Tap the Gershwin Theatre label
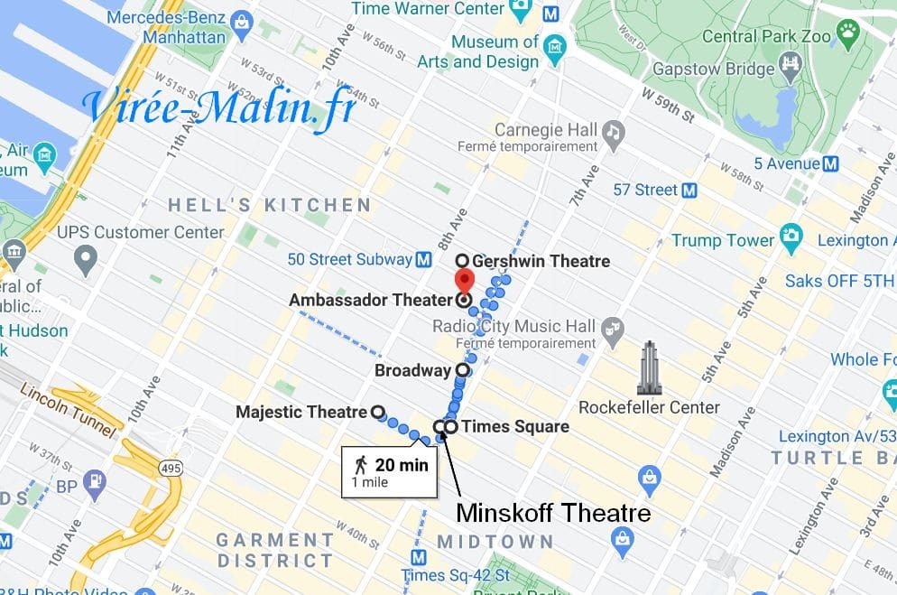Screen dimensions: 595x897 point(541,262)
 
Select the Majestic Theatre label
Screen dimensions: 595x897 point(301,412)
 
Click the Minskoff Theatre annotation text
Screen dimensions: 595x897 point(553,514)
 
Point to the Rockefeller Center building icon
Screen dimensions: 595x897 point(648,367)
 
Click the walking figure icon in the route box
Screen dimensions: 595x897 point(361,465)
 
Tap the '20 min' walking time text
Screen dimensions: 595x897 point(401,466)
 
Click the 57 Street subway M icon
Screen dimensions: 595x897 point(690,190)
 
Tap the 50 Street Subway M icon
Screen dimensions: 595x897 point(422,260)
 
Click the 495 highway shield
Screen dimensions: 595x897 point(169,467)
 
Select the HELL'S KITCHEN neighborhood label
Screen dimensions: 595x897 point(270,206)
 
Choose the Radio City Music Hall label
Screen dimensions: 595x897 point(514,326)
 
